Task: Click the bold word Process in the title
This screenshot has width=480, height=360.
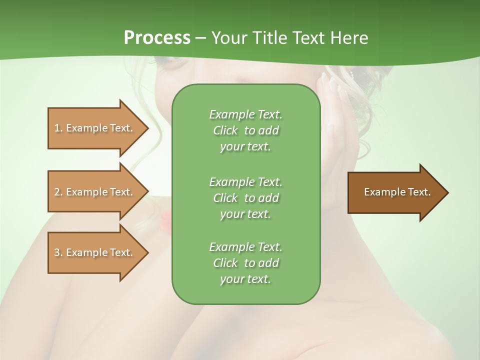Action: (157, 38)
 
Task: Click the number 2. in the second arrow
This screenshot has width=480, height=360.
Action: (58, 192)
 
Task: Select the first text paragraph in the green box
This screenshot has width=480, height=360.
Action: (245, 130)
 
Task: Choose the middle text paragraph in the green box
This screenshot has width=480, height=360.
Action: (245, 197)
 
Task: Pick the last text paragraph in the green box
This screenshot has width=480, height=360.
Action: (245, 263)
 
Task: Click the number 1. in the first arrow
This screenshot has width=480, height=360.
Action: (58, 128)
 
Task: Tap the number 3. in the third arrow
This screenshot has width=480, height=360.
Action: (58, 252)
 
